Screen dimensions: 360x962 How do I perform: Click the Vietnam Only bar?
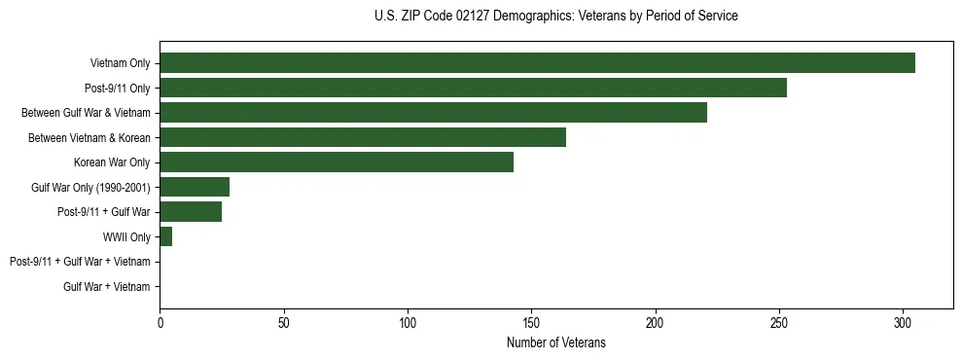537,63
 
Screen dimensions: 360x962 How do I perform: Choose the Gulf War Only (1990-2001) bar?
195,187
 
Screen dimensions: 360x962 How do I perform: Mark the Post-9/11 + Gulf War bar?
191,212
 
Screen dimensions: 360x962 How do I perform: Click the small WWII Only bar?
166,236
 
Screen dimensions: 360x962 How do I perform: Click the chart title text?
555,17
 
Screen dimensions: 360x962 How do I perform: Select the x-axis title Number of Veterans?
555,342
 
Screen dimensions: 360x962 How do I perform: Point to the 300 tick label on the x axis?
903,322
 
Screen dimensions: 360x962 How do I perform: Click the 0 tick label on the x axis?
160,322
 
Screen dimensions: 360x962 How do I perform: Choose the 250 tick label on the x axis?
779,322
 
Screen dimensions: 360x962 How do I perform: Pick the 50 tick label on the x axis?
283,322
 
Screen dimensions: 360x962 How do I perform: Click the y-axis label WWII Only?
126,236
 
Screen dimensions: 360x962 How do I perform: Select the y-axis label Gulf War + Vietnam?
107,286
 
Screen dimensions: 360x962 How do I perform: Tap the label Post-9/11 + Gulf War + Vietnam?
80,262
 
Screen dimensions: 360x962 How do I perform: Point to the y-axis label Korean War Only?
112,162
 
